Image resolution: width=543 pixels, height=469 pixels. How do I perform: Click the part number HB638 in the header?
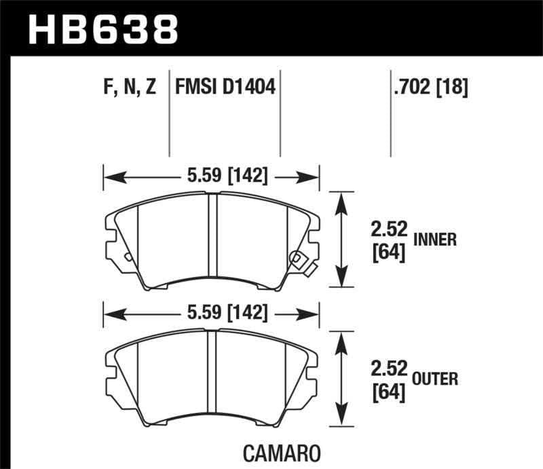pyautogui.click(x=102, y=29)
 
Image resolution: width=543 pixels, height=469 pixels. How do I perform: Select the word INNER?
pyautogui.click(x=434, y=239)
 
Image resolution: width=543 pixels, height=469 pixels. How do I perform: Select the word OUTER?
pyautogui.click(x=435, y=379)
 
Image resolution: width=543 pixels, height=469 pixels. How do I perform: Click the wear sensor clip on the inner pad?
pyautogui.click(x=299, y=260)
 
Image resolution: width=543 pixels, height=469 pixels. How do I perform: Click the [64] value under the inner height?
pyautogui.click(x=388, y=253)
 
